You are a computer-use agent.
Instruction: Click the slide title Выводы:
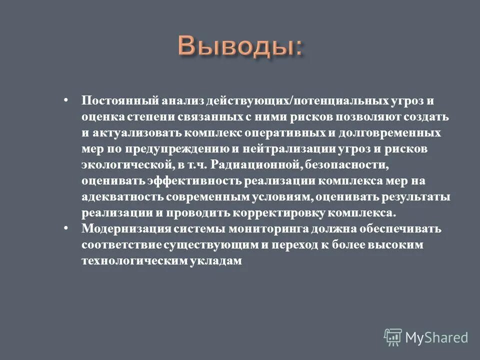(x=240, y=47)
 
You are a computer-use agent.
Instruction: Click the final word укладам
(x=217, y=261)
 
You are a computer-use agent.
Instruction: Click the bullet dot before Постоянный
(x=66, y=99)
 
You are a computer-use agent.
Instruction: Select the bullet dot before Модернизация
(x=66, y=227)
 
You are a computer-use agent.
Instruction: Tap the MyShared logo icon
(x=392, y=337)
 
